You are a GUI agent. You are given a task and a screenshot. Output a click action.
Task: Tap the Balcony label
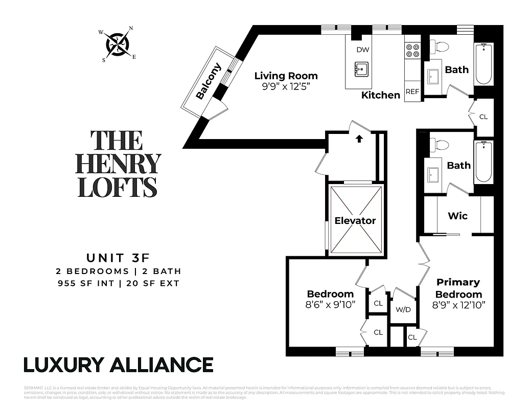[x=208, y=81]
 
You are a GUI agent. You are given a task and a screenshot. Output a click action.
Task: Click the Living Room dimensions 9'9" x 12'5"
[x=286, y=86]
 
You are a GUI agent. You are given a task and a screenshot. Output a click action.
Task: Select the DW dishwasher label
[x=363, y=50]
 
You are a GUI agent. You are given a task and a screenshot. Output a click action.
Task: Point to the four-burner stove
[x=412, y=50]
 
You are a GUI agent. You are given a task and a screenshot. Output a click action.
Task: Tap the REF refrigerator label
[x=412, y=92]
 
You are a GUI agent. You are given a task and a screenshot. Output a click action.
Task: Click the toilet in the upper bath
[x=439, y=48]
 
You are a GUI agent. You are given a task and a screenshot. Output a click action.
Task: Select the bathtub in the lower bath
[x=483, y=162]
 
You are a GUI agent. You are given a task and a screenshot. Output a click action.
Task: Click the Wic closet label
[x=457, y=216]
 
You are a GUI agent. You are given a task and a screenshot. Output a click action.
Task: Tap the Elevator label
[x=355, y=221]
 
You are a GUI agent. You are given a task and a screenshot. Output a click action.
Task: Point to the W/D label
[x=403, y=309]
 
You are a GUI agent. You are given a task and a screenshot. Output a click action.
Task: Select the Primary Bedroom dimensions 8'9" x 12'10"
[x=458, y=305]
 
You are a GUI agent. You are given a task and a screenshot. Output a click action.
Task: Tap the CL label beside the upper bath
[x=483, y=117]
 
